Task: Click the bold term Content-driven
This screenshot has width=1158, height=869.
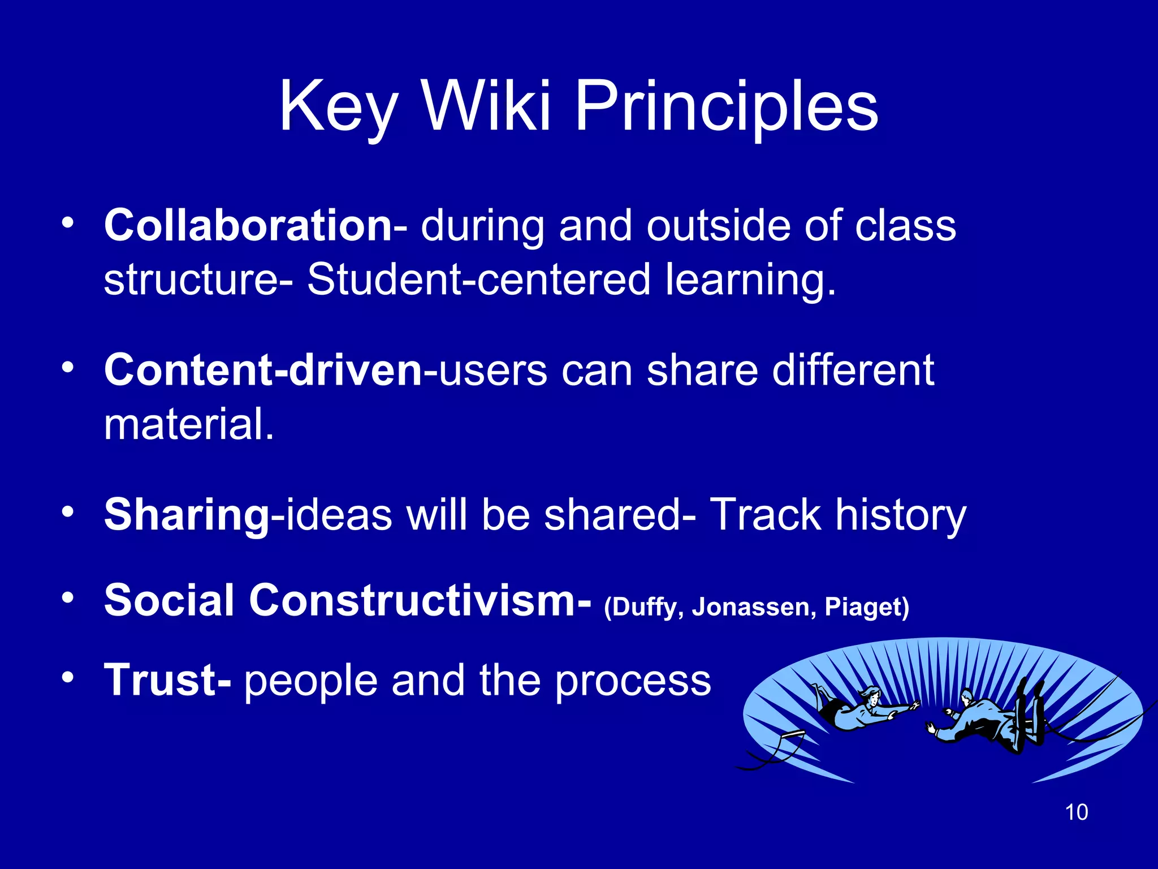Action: (x=263, y=371)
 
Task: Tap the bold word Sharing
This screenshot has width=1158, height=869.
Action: (x=187, y=515)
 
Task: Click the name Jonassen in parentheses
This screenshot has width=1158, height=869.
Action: (x=754, y=607)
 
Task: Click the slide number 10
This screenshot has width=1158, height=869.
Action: (x=1076, y=812)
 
